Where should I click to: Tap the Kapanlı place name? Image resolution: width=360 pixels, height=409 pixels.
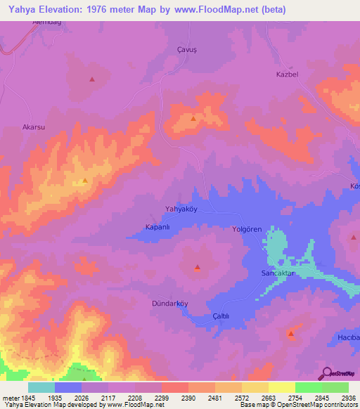[158, 227]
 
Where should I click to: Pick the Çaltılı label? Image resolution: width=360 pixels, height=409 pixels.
[221, 316]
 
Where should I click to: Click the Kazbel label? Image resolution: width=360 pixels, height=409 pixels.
[288, 74]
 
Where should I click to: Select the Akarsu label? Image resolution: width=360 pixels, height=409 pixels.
[34, 127]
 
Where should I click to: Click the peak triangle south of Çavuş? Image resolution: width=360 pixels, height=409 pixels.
[193, 119]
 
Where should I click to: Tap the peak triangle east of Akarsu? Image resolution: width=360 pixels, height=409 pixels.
[85, 181]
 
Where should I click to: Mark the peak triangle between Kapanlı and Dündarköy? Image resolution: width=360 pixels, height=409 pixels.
[198, 267]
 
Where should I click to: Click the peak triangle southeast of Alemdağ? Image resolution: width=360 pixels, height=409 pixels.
[91, 79]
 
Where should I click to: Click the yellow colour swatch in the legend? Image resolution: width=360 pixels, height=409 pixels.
[281, 387]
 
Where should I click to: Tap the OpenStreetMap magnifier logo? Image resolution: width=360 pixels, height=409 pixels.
[327, 372]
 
